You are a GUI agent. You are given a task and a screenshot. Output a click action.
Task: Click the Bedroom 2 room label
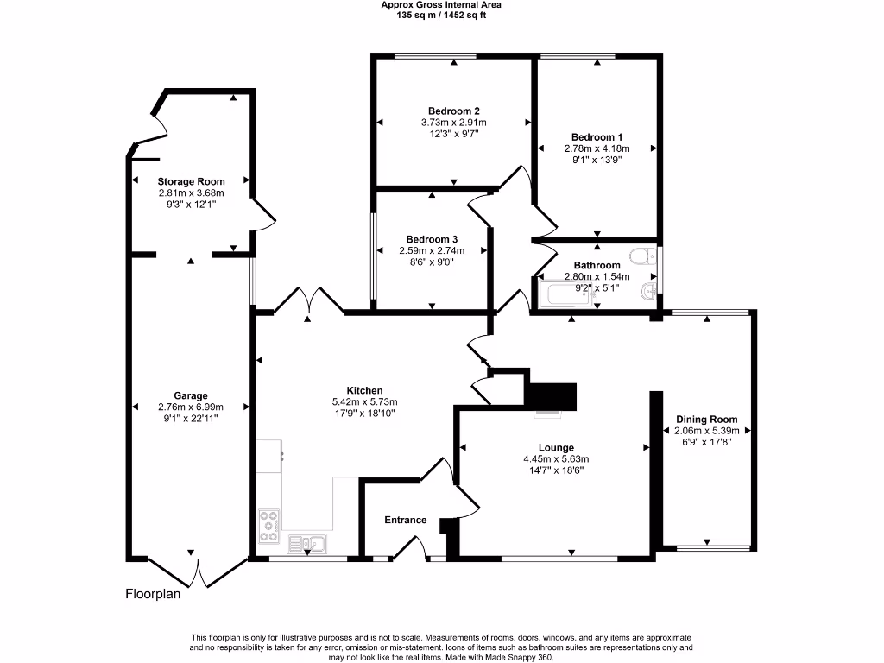[453, 110]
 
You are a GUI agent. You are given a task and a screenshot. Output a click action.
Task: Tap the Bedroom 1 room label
[597, 137]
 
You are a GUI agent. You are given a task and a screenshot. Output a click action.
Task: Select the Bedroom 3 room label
[432, 239]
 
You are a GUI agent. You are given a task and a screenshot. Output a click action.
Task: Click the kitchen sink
[307, 543]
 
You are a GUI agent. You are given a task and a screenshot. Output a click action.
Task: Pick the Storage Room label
[191, 181]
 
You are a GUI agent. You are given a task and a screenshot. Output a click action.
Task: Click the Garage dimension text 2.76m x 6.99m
[191, 407]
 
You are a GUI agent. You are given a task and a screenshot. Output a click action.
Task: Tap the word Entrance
[405, 520]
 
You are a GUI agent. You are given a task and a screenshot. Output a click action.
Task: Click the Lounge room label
[556, 447]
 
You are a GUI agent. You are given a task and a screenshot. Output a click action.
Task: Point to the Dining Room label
[706, 420]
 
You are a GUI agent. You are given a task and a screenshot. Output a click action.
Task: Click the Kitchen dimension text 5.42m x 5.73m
[364, 402]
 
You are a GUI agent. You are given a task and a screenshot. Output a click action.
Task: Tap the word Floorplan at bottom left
[153, 594]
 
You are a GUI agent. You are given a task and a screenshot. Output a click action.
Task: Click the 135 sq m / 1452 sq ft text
[441, 15]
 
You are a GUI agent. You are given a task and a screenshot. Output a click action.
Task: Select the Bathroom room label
[597, 265]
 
